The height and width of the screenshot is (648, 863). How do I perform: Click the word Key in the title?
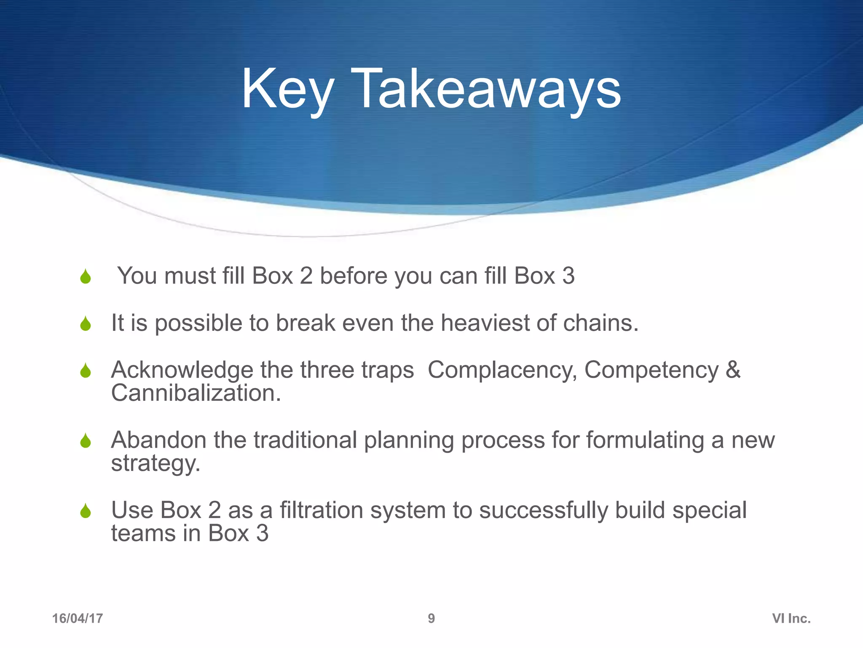(x=287, y=89)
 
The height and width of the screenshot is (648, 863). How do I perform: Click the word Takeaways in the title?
(x=485, y=89)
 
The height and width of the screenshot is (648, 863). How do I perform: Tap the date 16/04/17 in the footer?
(x=78, y=618)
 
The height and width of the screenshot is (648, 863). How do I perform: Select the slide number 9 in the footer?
(x=431, y=618)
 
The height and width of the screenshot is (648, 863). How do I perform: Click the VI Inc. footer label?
(x=791, y=618)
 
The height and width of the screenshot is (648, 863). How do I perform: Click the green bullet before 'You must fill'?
(x=86, y=277)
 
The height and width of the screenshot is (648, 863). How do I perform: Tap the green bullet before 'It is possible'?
(x=86, y=324)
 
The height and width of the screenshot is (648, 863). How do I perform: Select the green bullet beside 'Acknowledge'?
(x=86, y=371)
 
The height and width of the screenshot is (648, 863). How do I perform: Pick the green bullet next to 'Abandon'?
(x=86, y=441)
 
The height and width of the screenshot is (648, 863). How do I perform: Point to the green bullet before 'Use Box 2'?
(x=86, y=511)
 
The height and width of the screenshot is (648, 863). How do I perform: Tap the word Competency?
(x=651, y=370)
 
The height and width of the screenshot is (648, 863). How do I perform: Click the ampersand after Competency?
(x=733, y=370)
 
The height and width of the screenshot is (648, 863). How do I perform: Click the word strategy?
(x=155, y=464)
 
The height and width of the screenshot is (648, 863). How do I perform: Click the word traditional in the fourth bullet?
(x=305, y=440)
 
